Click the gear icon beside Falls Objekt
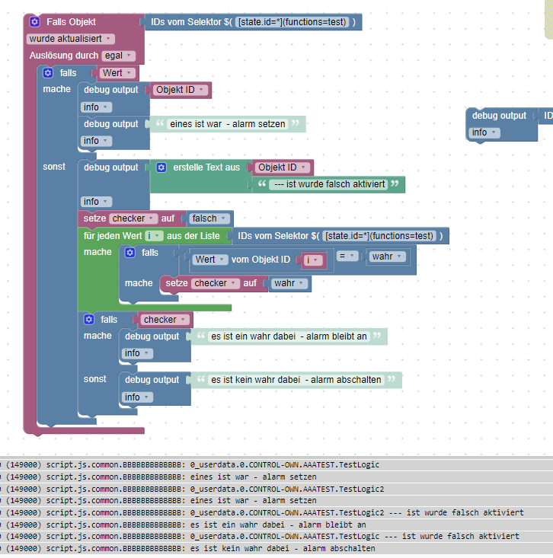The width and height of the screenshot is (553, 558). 34,22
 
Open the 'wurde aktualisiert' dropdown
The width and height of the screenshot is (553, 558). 71,39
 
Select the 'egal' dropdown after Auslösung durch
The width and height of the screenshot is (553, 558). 118,56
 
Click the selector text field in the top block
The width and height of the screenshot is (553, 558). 293,22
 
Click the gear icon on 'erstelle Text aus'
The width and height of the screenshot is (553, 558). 161,167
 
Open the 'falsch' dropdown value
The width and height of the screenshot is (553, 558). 207,218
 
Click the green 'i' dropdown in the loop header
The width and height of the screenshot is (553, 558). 153,236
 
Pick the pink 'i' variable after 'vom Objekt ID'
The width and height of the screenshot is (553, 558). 313,260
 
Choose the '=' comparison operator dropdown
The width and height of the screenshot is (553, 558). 347,257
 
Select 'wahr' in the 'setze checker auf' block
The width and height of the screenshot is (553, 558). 289,283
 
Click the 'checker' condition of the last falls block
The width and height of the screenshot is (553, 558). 163,320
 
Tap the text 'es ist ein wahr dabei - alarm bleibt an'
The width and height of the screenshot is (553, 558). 289,336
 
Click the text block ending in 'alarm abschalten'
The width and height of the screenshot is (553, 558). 296,380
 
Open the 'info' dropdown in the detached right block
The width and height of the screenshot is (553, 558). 483,132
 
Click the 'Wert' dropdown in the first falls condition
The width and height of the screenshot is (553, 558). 117,73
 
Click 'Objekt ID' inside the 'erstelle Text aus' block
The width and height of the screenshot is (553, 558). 282,167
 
